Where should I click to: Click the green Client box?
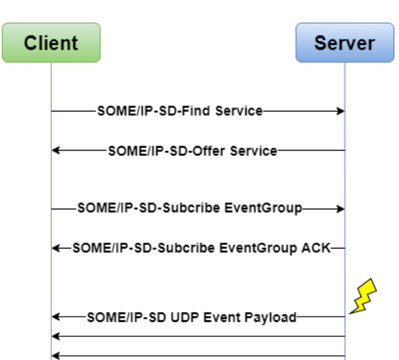[50, 43]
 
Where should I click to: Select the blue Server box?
[344, 43]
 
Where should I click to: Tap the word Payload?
[270, 317]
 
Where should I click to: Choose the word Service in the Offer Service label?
[254, 151]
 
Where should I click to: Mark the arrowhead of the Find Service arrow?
[341, 111]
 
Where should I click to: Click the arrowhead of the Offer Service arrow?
[55, 151]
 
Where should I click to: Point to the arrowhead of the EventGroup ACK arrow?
[55, 248]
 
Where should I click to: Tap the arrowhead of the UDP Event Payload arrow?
[55, 317]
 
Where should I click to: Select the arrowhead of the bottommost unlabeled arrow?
[55, 356]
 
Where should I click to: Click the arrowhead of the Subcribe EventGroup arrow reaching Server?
[341, 208]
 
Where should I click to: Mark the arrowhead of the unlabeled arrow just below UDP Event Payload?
[55, 336]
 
